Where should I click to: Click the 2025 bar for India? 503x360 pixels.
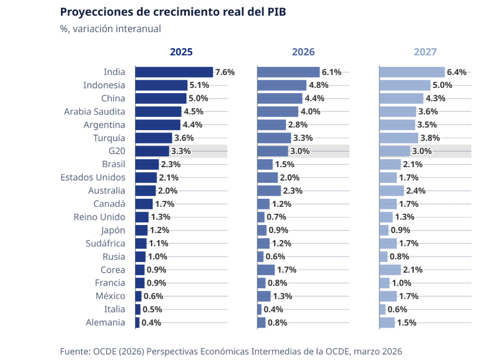pyautogui.click(x=174, y=72)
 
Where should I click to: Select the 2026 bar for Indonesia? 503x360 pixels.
pyautogui.click(x=282, y=85)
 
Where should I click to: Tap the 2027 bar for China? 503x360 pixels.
pyautogui.click(x=401, y=99)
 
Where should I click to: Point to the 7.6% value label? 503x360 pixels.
pyautogui.click(x=224, y=72)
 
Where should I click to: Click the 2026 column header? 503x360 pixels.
pyautogui.click(x=303, y=52)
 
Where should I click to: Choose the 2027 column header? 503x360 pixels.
pyautogui.click(x=425, y=52)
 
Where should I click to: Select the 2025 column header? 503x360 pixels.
pyautogui.click(x=181, y=52)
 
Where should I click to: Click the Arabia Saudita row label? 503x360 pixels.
pyautogui.click(x=95, y=111)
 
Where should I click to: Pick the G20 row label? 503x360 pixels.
pyautogui.click(x=117, y=151)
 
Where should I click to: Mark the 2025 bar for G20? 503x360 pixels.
pyautogui.click(x=152, y=151)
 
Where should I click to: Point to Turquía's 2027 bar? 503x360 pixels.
pyautogui.click(x=399, y=138)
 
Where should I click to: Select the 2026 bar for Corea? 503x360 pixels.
pyautogui.click(x=266, y=270)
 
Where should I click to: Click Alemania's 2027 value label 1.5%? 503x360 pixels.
pyautogui.click(x=407, y=322)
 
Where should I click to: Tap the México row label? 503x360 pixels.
pyautogui.click(x=111, y=296)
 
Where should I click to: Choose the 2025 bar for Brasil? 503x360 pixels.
pyautogui.click(x=147, y=164)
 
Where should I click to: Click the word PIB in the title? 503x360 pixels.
pyautogui.click(x=275, y=12)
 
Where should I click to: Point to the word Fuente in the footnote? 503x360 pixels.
pyautogui.click(x=75, y=351)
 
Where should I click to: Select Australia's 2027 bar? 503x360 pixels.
pyautogui.click(x=392, y=191)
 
